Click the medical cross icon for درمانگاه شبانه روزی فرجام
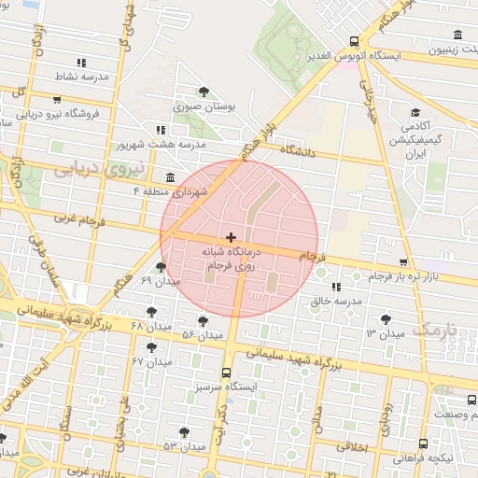pyautogui.click(x=232, y=238)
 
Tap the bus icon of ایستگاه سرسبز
pyautogui.click(x=240, y=372)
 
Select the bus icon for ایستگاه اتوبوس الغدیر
pyautogui.click(x=354, y=41)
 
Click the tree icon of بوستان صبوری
pyautogui.click(x=204, y=91)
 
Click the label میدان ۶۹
pyautogui.click(x=131, y=281)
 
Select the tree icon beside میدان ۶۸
pyautogui.click(x=151, y=312)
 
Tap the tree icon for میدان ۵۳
pyautogui.click(x=183, y=433)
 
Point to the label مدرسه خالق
pyautogui.click(x=335, y=302)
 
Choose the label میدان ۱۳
pyautogui.click(x=385, y=333)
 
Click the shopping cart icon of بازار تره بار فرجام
pyautogui.click(x=402, y=262)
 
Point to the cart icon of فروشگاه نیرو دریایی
pyautogui.click(x=58, y=99)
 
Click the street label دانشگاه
pyautogui.click(x=299, y=150)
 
